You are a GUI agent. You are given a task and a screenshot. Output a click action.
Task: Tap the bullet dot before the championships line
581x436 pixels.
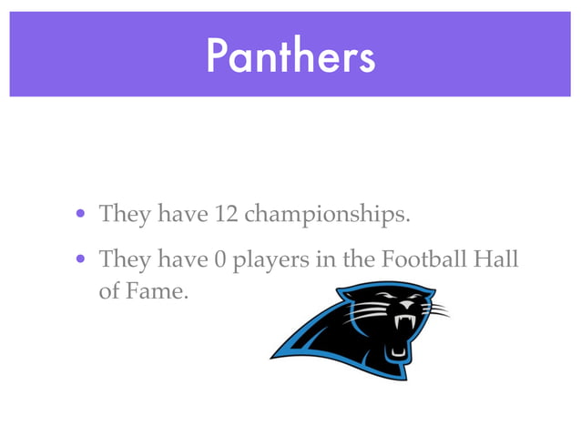tap(81, 216)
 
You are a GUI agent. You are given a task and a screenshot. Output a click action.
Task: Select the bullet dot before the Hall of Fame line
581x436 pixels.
tap(81, 260)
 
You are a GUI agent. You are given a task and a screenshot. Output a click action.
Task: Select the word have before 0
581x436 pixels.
tap(182, 259)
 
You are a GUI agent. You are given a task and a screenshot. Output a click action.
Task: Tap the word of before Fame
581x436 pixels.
tap(109, 293)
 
